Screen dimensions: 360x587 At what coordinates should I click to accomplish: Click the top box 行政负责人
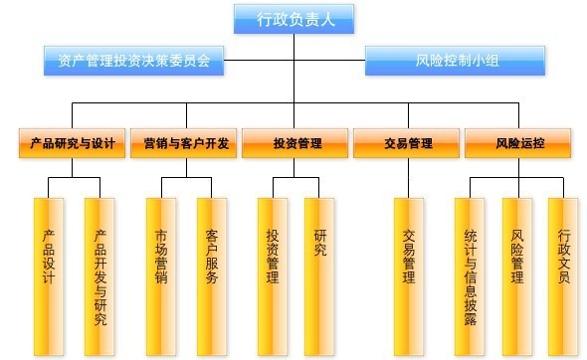coord(293,17)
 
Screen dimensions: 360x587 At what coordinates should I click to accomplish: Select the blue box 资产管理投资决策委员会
coord(133,62)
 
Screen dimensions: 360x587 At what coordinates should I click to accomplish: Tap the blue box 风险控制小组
coord(457,62)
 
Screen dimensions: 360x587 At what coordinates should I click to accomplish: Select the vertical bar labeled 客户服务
coord(212,264)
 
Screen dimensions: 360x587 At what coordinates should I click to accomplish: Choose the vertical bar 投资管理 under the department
coord(272,264)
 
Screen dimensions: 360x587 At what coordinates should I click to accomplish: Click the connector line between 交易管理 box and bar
coord(408,177)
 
